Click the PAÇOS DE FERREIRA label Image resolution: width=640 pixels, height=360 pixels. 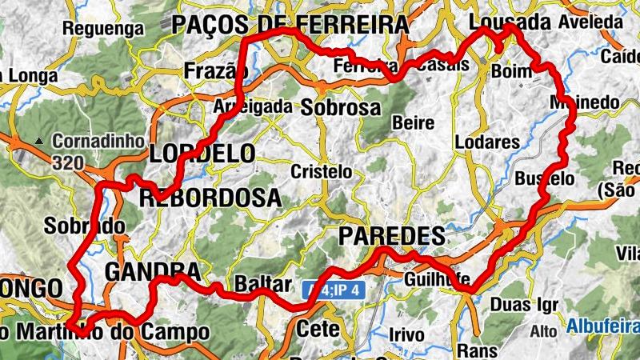point(290,25)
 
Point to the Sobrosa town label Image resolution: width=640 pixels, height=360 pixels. point(341,106)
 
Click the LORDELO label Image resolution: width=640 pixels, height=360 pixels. point(202,153)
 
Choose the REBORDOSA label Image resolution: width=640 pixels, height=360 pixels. point(210,197)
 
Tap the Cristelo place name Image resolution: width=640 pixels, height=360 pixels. point(321,171)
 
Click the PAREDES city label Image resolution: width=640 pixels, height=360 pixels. point(391,236)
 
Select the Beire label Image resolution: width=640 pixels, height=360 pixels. point(414,123)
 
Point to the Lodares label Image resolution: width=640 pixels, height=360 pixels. point(486,142)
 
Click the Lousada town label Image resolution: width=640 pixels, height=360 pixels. point(512,22)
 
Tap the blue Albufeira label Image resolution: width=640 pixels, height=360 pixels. point(603,326)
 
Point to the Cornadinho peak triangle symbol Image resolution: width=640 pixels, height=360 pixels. point(38,142)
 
